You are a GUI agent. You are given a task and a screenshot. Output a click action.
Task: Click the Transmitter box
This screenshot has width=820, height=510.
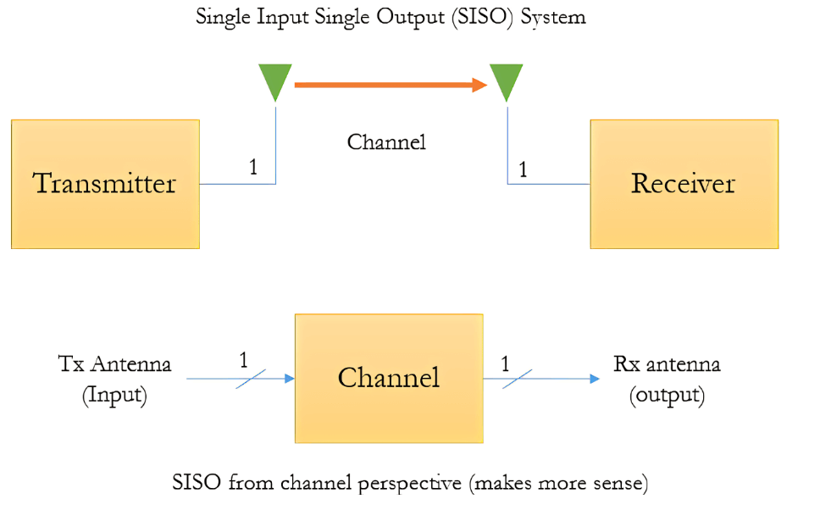(x=105, y=184)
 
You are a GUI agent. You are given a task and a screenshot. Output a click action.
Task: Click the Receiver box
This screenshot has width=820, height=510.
(x=684, y=184)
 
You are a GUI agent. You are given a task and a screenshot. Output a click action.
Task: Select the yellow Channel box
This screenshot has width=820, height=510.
(x=389, y=377)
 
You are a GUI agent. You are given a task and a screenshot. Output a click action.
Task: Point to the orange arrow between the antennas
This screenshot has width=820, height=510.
(x=390, y=85)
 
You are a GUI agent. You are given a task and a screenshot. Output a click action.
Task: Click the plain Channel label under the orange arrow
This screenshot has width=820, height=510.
(x=386, y=141)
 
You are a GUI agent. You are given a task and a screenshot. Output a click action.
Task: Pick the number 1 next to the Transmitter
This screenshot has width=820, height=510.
(x=252, y=168)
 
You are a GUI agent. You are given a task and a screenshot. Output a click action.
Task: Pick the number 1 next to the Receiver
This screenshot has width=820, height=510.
(x=523, y=169)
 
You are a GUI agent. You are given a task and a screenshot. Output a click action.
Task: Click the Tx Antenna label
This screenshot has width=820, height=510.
(x=114, y=364)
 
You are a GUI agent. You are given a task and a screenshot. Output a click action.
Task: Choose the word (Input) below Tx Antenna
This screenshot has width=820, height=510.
(x=114, y=396)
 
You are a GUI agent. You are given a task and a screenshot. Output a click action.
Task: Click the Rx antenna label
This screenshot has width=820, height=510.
(x=667, y=364)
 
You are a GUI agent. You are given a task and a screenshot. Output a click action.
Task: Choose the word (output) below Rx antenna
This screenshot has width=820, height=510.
(x=667, y=396)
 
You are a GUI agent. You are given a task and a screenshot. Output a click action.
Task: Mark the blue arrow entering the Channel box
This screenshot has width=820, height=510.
(x=241, y=379)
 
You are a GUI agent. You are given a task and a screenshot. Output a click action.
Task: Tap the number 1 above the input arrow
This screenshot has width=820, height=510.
(x=243, y=360)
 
